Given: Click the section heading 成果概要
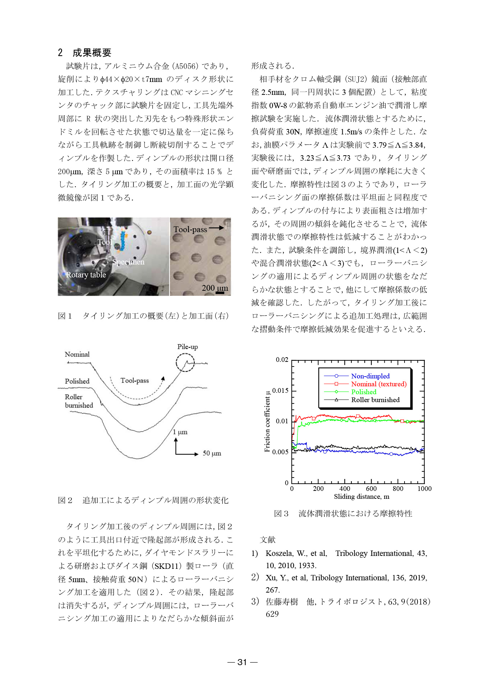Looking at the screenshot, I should coord(92,53).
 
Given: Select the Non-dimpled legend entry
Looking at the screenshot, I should coord(370,376).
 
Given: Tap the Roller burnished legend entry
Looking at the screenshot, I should coord(375,400).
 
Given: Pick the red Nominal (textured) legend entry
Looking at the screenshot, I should coord(379,384).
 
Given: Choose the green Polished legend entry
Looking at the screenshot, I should coord(364,392).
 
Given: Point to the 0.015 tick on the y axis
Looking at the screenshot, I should coord(281,391).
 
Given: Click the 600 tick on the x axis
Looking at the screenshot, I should coord(371,489).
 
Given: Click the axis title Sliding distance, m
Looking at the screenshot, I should coord(361,497).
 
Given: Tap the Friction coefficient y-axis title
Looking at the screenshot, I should coord(267,421).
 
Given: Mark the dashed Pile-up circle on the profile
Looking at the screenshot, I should coord(185,363).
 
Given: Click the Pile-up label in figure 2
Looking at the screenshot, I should coord(187,347).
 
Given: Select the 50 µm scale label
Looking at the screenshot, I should coord(212,453).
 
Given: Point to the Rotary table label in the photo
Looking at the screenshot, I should coord(86,275).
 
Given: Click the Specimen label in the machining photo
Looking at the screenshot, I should coord(128,262).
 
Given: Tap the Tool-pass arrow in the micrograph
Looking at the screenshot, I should coord(216,228).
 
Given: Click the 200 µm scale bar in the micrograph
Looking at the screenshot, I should coord(220,293).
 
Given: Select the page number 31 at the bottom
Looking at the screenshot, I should coord(242,662).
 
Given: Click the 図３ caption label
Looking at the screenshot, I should coord(281,514).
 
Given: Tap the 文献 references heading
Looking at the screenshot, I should coord(268,540).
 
